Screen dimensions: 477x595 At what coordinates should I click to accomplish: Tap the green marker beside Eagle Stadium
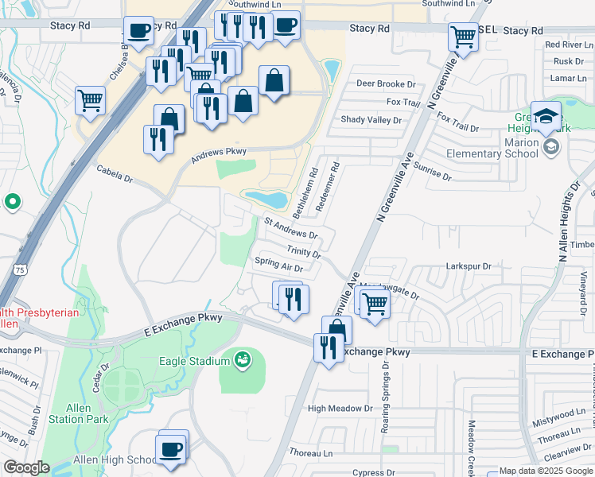point(243,361)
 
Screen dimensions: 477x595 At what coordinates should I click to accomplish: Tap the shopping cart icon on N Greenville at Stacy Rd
point(462,36)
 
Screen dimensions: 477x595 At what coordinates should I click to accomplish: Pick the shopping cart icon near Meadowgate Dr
point(375,303)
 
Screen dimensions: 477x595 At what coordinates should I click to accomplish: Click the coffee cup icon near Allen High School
point(171,448)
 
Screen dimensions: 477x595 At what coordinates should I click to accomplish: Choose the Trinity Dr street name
point(303,252)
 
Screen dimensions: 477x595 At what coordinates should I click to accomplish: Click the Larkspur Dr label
point(469,266)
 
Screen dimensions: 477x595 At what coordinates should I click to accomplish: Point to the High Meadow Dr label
point(340,408)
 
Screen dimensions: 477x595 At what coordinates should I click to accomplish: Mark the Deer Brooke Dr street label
point(386,83)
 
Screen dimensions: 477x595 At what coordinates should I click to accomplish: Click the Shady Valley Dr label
point(371,120)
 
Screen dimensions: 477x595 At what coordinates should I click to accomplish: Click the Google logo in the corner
point(26,467)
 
